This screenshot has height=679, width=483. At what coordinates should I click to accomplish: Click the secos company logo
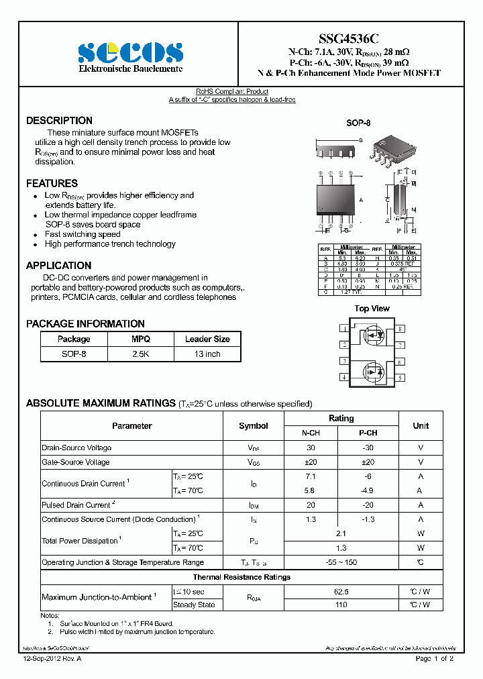point(130,52)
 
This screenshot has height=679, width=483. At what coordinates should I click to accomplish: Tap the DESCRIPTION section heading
point(59,121)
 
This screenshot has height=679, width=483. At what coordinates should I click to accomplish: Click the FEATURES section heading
point(52,183)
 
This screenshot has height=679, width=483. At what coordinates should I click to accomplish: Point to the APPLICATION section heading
point(58,266)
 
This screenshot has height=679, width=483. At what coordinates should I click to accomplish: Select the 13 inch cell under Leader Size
point(207,354)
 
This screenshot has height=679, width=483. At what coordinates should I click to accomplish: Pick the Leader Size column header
point(207,339)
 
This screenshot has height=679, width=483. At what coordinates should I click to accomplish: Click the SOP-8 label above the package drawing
point(358,123)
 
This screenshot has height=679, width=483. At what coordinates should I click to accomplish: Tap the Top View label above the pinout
point(372,309)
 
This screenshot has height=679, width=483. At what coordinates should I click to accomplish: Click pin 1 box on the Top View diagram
point(344,329)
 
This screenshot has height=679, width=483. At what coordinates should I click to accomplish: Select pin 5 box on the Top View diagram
point(400,378)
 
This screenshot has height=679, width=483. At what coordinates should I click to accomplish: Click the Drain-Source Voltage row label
point(76,448)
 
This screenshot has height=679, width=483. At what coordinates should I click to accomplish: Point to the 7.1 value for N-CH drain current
point(311,476)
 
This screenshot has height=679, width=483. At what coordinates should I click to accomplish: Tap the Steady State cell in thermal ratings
point(194,605)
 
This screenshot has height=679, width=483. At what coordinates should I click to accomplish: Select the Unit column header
point(421,425)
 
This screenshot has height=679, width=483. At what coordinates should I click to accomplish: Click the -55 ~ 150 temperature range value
point(341,562)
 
